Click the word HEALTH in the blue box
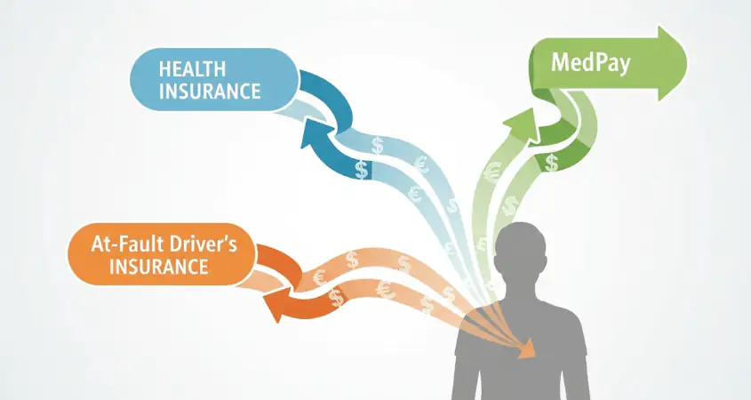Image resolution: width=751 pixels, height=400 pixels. click(x=192, y=69)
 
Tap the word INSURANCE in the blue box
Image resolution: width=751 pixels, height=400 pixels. click(x=210, y=91)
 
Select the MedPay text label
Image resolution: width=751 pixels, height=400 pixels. click(x=590, y=63)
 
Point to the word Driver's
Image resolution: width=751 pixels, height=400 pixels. click(x=202, y=244)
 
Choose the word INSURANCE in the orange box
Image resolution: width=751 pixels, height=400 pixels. click(x=159, y=267)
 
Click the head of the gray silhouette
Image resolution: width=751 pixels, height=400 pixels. click(x=520, y=252)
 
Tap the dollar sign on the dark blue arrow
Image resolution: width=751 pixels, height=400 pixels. click(x=362, y=169)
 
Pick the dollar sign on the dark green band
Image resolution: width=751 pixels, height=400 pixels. click(x=552, y=163)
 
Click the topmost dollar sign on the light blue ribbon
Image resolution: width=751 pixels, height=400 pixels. click(x=378, y=145)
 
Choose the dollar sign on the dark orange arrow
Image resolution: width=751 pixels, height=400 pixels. click(x=337, y=298)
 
